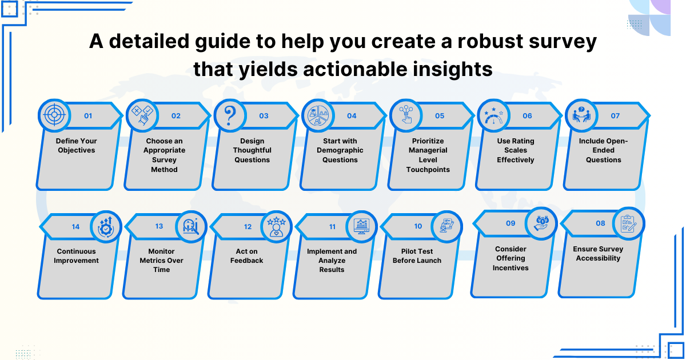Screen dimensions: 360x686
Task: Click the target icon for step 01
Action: click(x=55, y=115)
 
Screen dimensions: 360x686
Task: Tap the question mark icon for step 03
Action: click(x=230, y=115)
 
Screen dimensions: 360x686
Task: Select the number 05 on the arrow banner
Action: click(x=439, y=116)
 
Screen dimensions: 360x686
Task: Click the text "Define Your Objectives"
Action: click(x=76, y=146)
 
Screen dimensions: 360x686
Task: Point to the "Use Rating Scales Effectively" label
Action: click(x=515, y=150)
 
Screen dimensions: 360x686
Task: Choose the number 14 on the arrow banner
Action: click(x=75, y=227)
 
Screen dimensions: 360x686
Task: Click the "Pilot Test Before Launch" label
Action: click(x=417, y=256)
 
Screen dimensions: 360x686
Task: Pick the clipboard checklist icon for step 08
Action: click(x=629, y=223)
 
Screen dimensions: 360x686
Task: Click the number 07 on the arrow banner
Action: click(x=615, y=116)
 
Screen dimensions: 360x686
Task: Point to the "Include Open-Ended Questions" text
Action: click(x=603, y=150)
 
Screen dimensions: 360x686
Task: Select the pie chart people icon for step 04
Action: click(x=318, y=115)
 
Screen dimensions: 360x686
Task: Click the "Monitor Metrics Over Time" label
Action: click(x=161, y=261)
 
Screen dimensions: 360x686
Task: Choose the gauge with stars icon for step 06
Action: click(x=493, y=115)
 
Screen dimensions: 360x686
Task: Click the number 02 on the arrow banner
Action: click(x=176, y=116)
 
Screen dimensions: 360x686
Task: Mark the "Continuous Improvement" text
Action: click(x=76, y=256)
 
